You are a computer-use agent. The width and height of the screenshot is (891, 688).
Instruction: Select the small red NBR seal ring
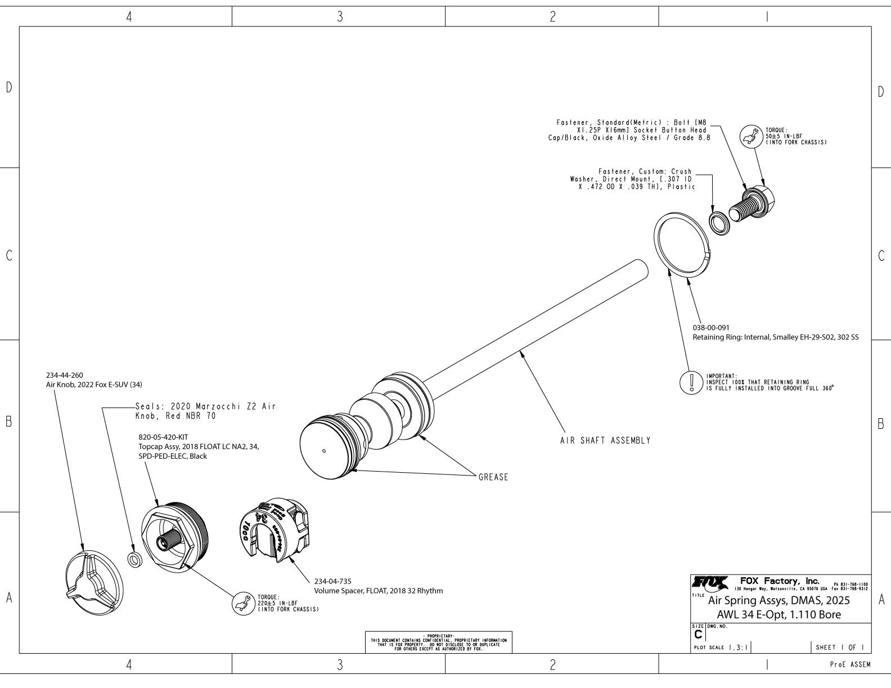pyautogui.click(x=135, y=560)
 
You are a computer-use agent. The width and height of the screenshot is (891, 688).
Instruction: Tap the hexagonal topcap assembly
pyautogui.click(x=174, y=538)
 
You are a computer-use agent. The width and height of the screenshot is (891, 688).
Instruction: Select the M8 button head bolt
pyautogui.click(x=752, y=205)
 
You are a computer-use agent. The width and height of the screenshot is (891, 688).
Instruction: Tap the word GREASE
pyautogui.click(x=493, y=477)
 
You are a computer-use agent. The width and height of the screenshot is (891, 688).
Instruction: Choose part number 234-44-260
pyautogui.click(x=64, y=375)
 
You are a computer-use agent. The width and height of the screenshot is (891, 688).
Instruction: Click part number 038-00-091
pyautogui.click(x=711, y=327)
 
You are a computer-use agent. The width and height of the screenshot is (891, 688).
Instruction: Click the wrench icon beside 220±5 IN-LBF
pyautogui.click(x=242, y=604)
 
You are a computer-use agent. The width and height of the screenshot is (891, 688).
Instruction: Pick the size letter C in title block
pyautogui.click(x=698, y=634)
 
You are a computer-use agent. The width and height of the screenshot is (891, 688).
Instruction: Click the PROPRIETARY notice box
pyautogui.click(x=439, y=641)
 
